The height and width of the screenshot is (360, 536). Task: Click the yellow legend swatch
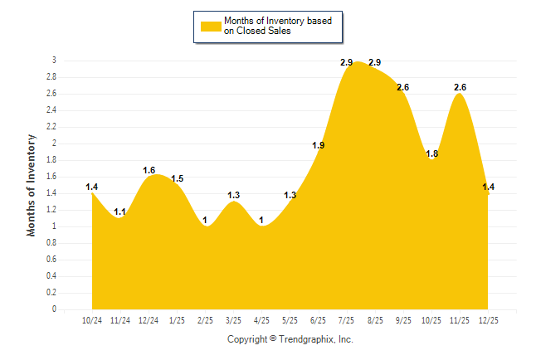point(211,26)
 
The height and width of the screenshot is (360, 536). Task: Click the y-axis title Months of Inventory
point(32,185)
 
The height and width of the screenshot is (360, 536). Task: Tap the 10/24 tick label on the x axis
point(92,321)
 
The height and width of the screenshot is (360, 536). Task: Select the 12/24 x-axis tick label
point(149,321)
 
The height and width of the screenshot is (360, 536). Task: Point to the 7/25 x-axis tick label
point(346,321)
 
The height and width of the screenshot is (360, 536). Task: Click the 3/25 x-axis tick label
point(233,321)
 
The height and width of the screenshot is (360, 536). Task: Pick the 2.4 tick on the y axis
point(52,110)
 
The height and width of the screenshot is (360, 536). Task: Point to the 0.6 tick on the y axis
point(52,260)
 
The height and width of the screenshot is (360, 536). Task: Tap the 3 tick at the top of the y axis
point(54,61)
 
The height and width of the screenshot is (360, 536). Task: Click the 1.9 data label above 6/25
point(318,146)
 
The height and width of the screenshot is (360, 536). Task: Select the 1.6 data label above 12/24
point(149,171)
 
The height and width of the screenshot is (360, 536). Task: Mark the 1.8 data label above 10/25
point(431,154)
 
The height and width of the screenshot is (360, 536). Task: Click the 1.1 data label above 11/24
point(120,212)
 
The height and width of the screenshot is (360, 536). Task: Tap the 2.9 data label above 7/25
point(346,63)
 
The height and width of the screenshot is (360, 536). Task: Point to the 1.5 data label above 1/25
point(177,179)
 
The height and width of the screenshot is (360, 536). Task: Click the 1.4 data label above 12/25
point(489,187)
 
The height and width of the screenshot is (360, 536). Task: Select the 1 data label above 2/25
point(205,221)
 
